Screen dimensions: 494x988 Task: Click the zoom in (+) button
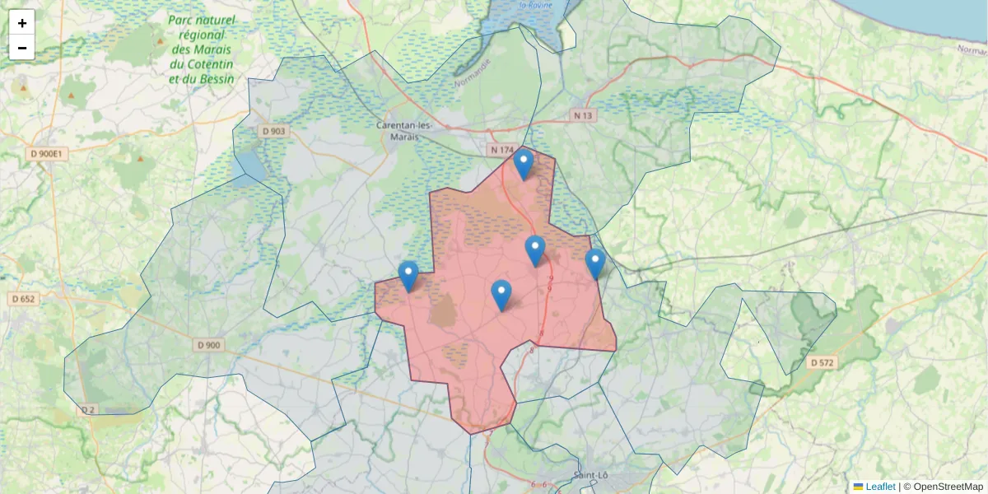tap(22, 23)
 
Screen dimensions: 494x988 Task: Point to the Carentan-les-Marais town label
tap(403, 131)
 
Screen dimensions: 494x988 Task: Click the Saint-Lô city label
tap(590, 476)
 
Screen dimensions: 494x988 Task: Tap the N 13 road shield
tap(583, 116)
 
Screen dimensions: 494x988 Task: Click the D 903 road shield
tap(273, 131)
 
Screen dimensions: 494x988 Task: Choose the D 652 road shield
tap(22, 299)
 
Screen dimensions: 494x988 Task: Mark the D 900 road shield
tap(209, 345)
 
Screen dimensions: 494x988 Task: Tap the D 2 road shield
tap(88, 410)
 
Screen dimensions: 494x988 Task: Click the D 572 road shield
tap(822, 362)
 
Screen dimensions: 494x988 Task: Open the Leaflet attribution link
tap(879, 487)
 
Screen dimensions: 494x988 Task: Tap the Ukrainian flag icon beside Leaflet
tap(858, 487)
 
